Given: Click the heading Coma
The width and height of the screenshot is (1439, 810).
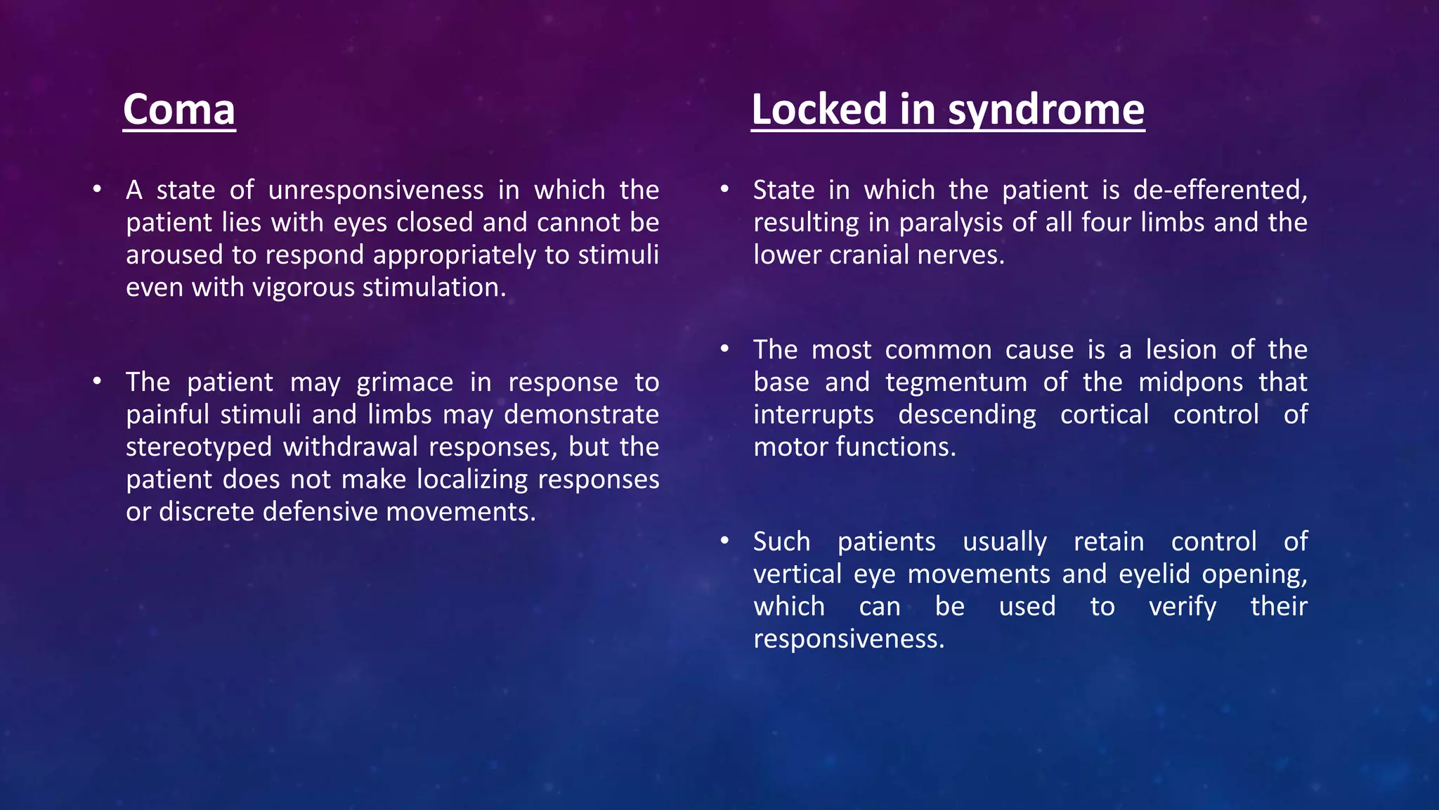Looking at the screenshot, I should (x=178, y=110).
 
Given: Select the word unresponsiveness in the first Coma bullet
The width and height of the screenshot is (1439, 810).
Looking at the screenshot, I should (x=376, y=191).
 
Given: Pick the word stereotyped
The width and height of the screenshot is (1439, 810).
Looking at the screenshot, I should (x=199, y=447).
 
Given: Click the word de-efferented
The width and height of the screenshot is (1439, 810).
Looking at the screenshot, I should (x=1220, y=191).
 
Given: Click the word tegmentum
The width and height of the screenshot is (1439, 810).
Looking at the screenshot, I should (x=956, y=382).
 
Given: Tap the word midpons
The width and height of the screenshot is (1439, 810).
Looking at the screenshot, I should (x=1190, y=382).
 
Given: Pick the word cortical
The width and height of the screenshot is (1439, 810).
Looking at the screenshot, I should (x=1105, y=415).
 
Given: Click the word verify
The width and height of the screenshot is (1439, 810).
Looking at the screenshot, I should (x=1182, y=607).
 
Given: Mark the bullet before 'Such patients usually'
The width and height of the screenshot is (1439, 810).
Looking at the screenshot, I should (x=724, y=541).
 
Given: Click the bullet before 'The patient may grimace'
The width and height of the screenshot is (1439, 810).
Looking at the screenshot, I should (x=97, y=381).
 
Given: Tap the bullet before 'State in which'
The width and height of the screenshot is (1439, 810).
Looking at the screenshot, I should (x=724, y=189).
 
